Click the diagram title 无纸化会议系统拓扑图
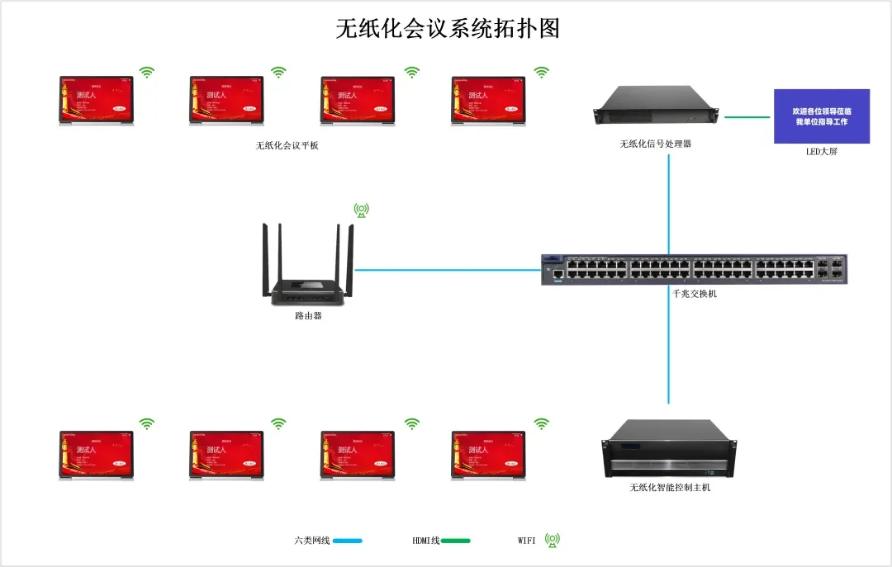pos(448,29)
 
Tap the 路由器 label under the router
pos(308,315)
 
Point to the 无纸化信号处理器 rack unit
pos(657,106)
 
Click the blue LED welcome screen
pos(821,116)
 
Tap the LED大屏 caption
pos(821,152)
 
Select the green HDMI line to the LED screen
pos(747,117)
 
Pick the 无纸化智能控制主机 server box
pos(669,448)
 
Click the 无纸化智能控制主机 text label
pos(670,488)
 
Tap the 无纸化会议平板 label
pos(287,146)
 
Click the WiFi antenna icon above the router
pos(361,210)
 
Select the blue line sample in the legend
pos(348,541)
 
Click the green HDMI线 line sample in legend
pos(455,541)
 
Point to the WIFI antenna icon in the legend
pos(553,541)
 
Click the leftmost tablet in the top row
pos(96,100)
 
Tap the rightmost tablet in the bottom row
pos(488,455)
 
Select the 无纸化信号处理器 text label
pos(656,144)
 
